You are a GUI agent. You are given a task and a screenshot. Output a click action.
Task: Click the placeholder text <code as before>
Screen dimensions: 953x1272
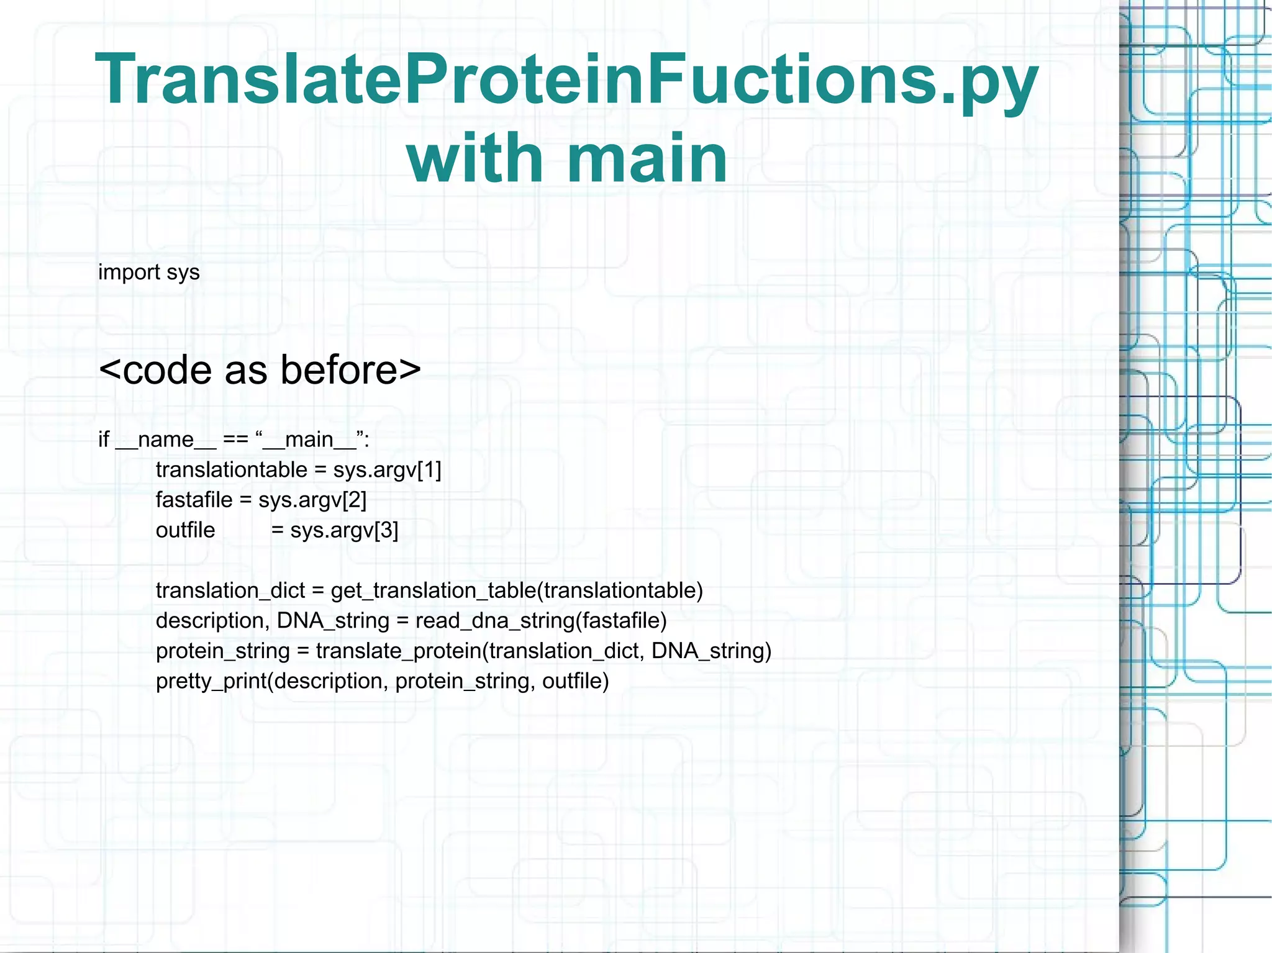coord(260,370)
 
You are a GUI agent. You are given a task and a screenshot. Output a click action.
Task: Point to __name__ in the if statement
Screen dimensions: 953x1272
coord(165,440)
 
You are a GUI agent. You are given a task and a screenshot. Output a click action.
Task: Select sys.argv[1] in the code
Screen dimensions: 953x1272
coord(387,470)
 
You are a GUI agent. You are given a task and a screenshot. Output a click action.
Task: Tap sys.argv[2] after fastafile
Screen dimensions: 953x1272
coord(312,500)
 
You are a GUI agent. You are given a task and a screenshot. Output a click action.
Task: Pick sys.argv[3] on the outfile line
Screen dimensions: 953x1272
coord(344,530)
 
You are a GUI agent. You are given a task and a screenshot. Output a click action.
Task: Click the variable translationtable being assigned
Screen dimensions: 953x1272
coord(231,470)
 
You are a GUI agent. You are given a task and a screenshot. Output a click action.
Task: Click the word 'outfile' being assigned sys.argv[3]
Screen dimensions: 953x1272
coord(185,530)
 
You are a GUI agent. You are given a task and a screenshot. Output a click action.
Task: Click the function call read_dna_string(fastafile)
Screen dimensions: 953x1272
coord(540,621)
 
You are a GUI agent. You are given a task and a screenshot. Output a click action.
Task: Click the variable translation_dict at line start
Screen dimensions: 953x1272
coord(230,590)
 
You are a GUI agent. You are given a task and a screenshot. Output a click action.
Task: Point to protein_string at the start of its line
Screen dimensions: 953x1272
coord(222,651)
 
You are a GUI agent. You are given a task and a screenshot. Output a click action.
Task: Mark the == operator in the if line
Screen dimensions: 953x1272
coord(235,440)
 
